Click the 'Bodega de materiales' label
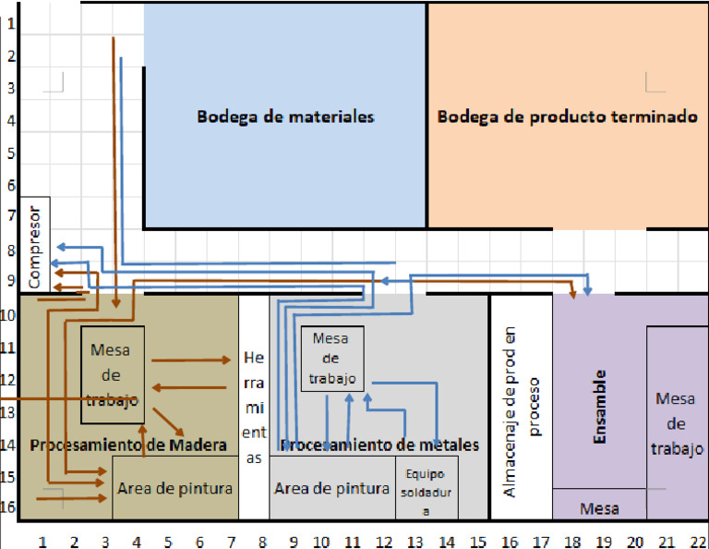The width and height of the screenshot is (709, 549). click(284, 117)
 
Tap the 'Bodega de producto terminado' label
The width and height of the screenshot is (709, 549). click(567, 117)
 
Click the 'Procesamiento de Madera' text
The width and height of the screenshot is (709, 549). click(127, 445)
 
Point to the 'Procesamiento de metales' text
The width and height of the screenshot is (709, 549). click(379, 445)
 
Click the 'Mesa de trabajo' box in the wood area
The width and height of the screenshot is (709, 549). click(114, 375)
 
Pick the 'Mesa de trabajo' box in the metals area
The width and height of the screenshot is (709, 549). click(330, 359)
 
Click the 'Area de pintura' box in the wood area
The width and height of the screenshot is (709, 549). click(174, 487)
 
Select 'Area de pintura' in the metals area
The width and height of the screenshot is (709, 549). click(332, 488)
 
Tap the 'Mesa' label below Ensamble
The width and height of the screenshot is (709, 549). click(598, 508)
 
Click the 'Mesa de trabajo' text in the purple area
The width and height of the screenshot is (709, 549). click(679, 423)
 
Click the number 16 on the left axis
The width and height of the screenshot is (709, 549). click(10, 507)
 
